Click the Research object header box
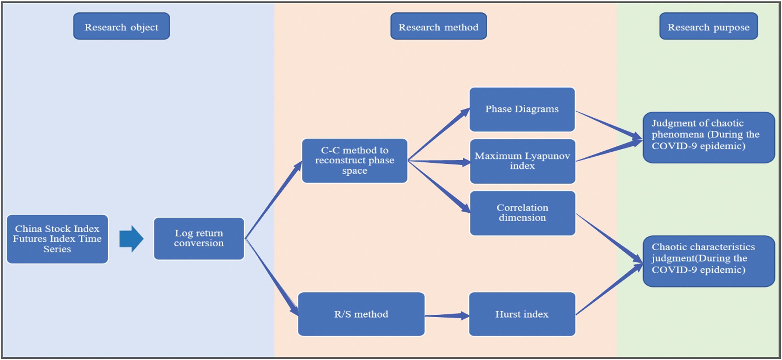tap(121, 26)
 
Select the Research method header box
tap(438, 26)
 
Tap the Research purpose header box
tap(708, 26)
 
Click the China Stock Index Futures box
tap(57, 239)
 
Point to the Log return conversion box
tap(199, 238)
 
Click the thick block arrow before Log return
tap(131, 239)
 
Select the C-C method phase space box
tap(354, 161)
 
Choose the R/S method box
tap(361, 314)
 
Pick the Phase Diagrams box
tap(522, 109)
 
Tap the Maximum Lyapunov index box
tap(522, 161)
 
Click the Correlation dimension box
tap(522, 213)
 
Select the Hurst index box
tap(522, 314)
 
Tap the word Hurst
tap(507, 314)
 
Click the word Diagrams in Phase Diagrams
tap(536, 109)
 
